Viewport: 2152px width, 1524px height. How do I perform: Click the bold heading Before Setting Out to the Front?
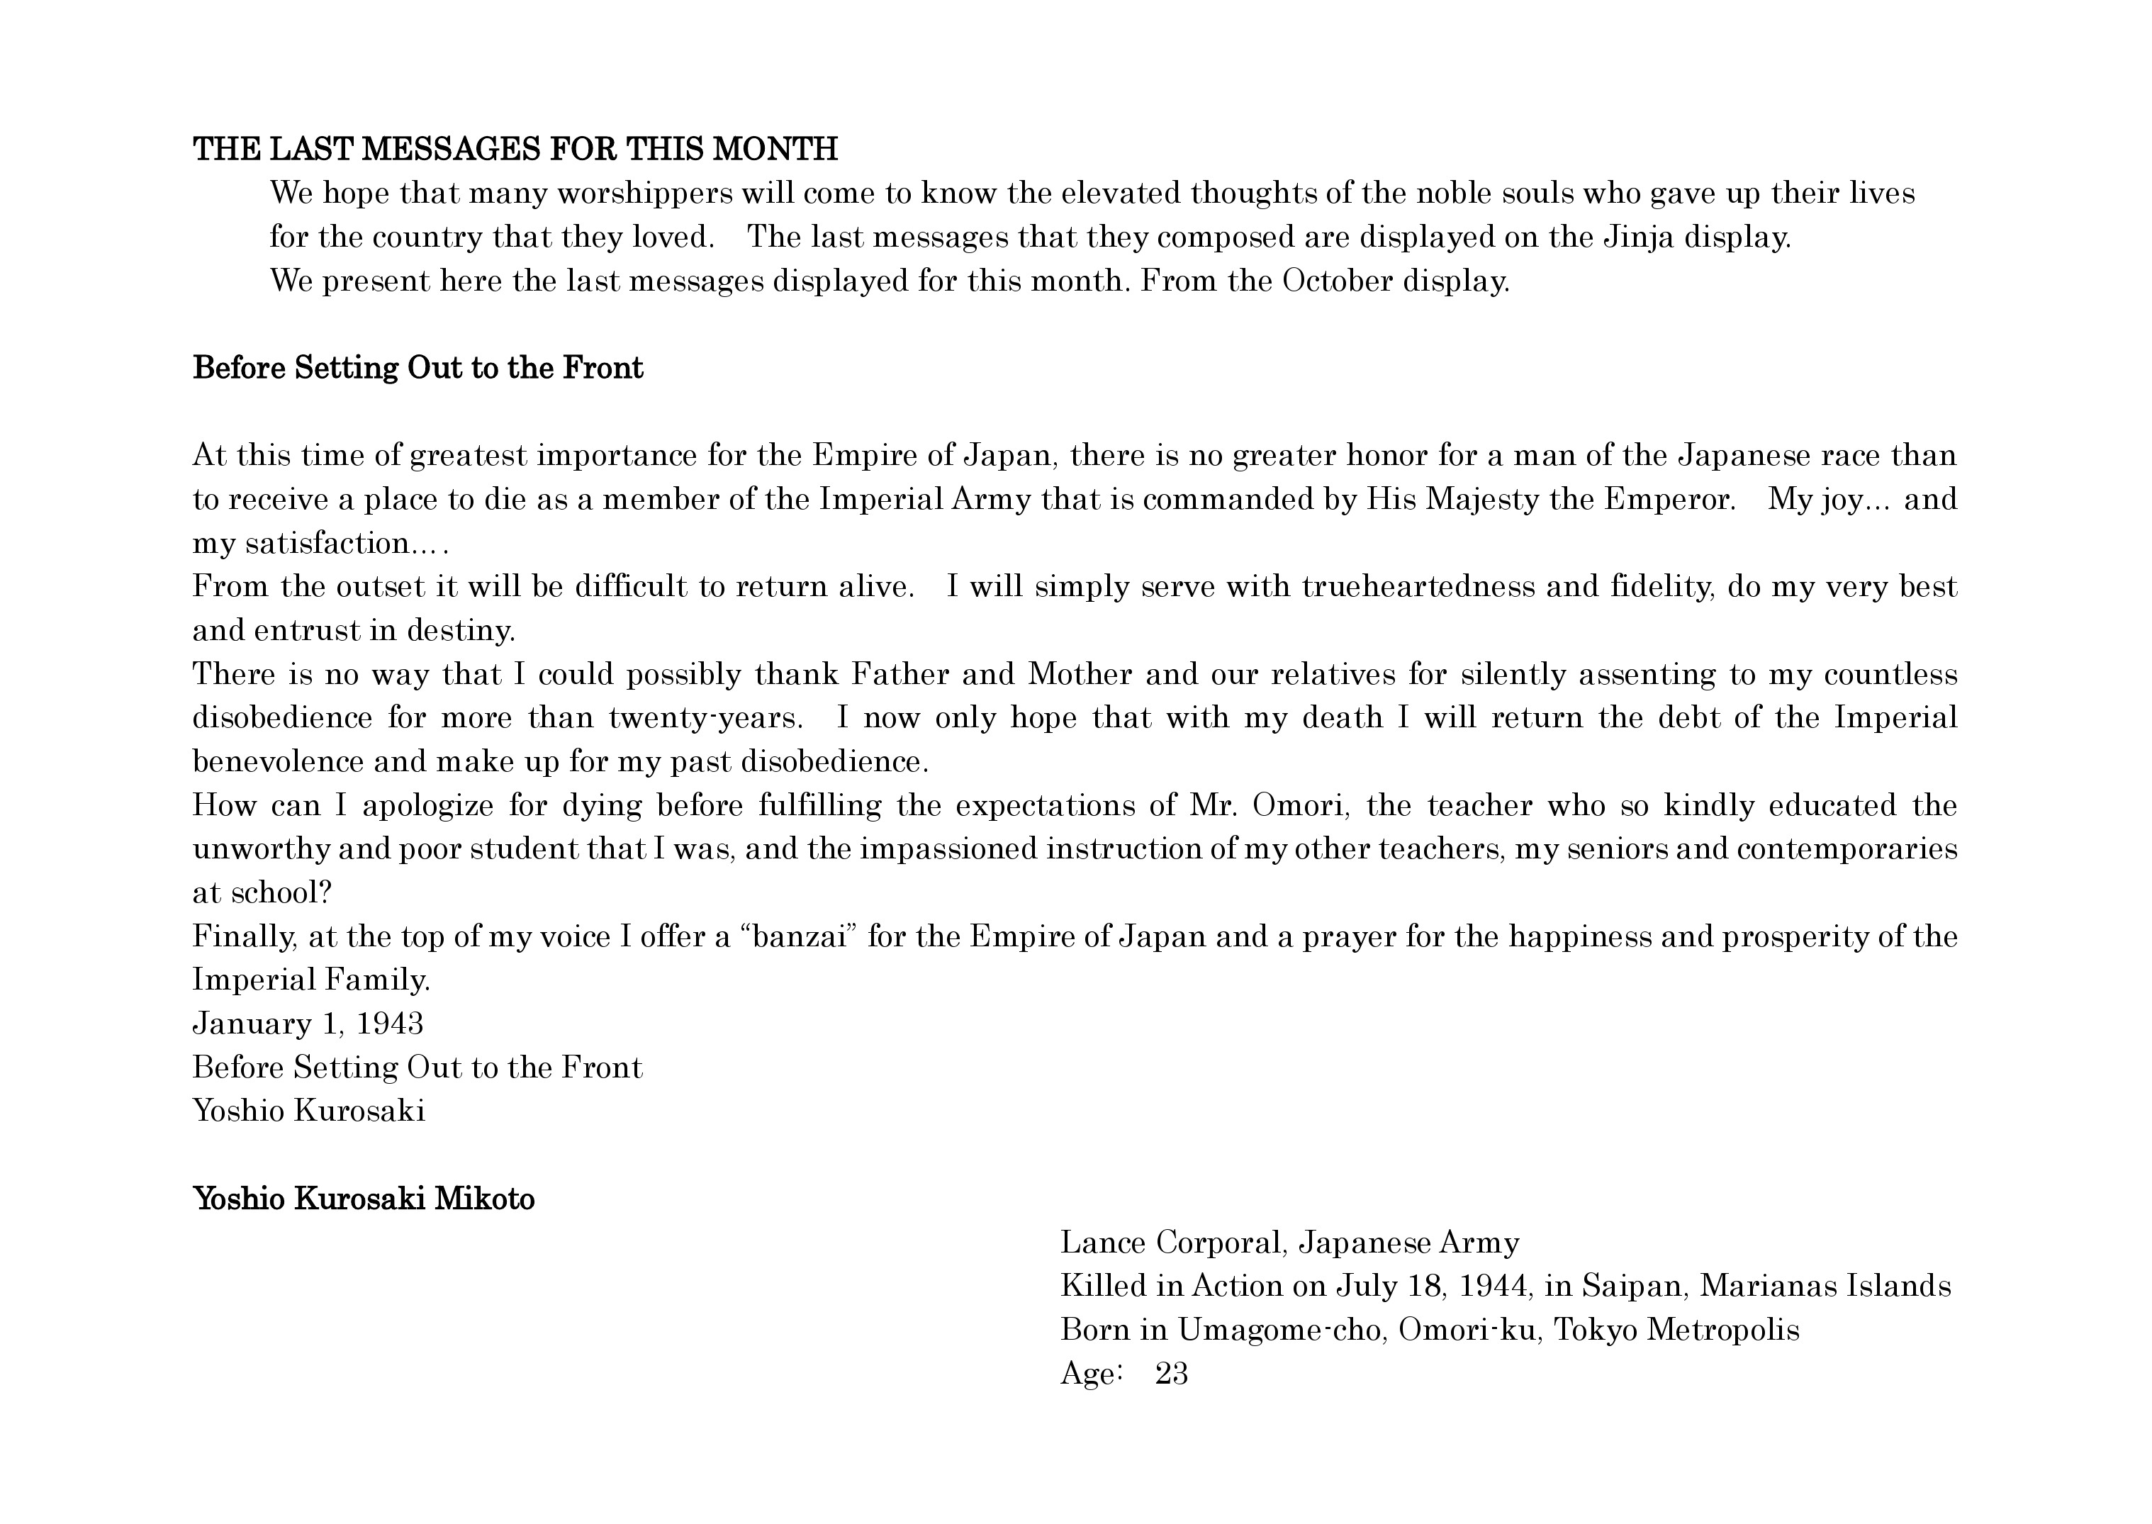pos(417,368)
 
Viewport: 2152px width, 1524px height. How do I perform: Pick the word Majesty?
pos(1483,499)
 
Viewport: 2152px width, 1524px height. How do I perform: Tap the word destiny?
pos(461,631)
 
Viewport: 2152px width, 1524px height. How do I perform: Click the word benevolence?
pos(278,761)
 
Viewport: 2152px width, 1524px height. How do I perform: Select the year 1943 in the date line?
pos(391,1024)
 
